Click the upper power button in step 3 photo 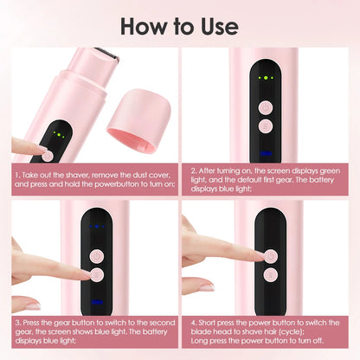97,256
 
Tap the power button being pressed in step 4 271,256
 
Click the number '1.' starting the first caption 17,174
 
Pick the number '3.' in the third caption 17,322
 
